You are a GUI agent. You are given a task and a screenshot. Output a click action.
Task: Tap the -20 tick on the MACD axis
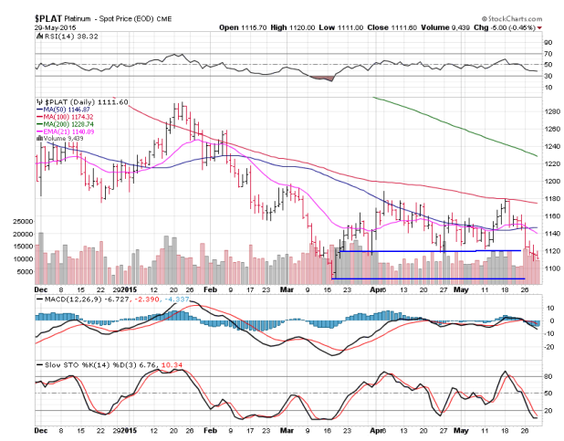(549, 349)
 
